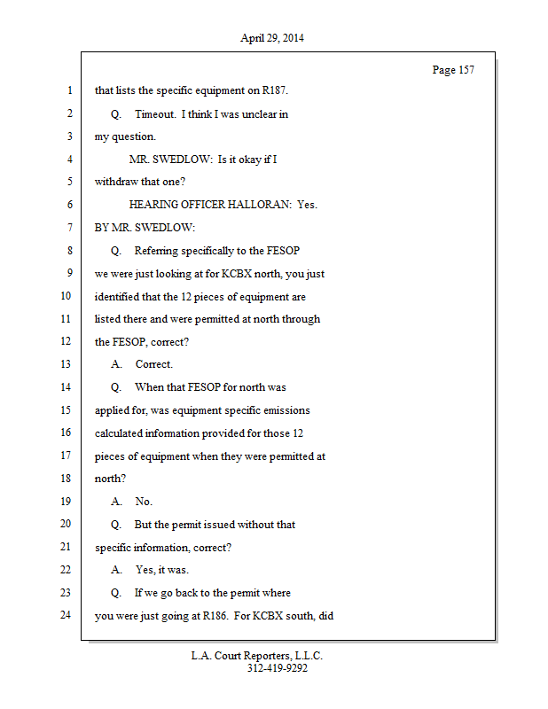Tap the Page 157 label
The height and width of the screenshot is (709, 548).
click(x=453, y=70)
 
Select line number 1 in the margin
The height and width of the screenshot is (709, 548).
click(x=68, y=90)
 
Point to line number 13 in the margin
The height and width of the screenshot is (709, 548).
click(x=66, y=364)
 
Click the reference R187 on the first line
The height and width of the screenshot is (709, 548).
click(x=272, y=90)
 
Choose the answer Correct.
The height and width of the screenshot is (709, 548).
click(x=154, y=364)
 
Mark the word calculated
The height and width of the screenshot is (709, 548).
click(x=121, y=433)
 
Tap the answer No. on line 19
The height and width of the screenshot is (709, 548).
click(x=144, y=502)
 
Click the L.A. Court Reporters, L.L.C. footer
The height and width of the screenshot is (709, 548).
click(x=258, y=656)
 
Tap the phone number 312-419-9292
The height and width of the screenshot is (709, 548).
click(x=278, y=668)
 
